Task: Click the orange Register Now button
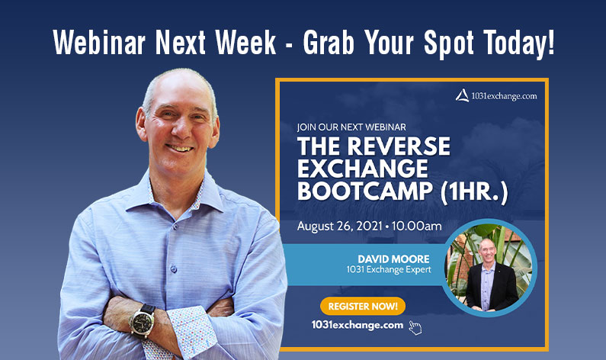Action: pos(362,306)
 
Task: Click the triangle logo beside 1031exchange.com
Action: pos(462,95)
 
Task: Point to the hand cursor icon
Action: pos(415,327)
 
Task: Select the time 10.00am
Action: pos(413,227)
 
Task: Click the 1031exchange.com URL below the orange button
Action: pos(356,325)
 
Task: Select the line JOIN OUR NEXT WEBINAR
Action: pos(351,127)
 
